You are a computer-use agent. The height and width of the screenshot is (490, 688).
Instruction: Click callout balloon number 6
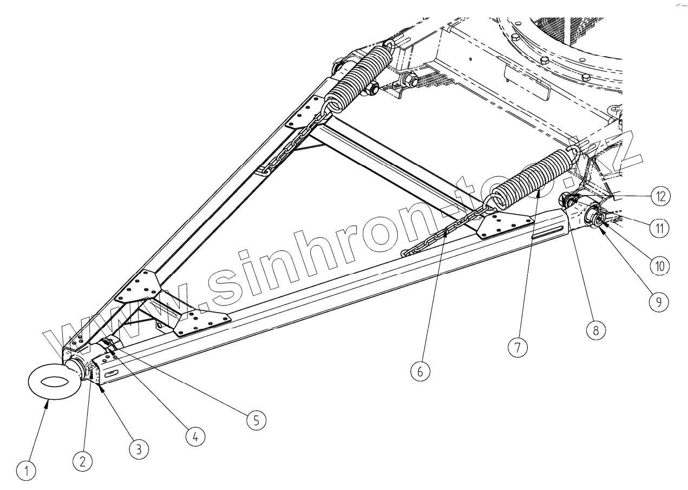(421, 372)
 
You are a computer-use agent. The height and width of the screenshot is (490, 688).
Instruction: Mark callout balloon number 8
(595, 330)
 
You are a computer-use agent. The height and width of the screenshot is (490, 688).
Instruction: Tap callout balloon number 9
(658, 302)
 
